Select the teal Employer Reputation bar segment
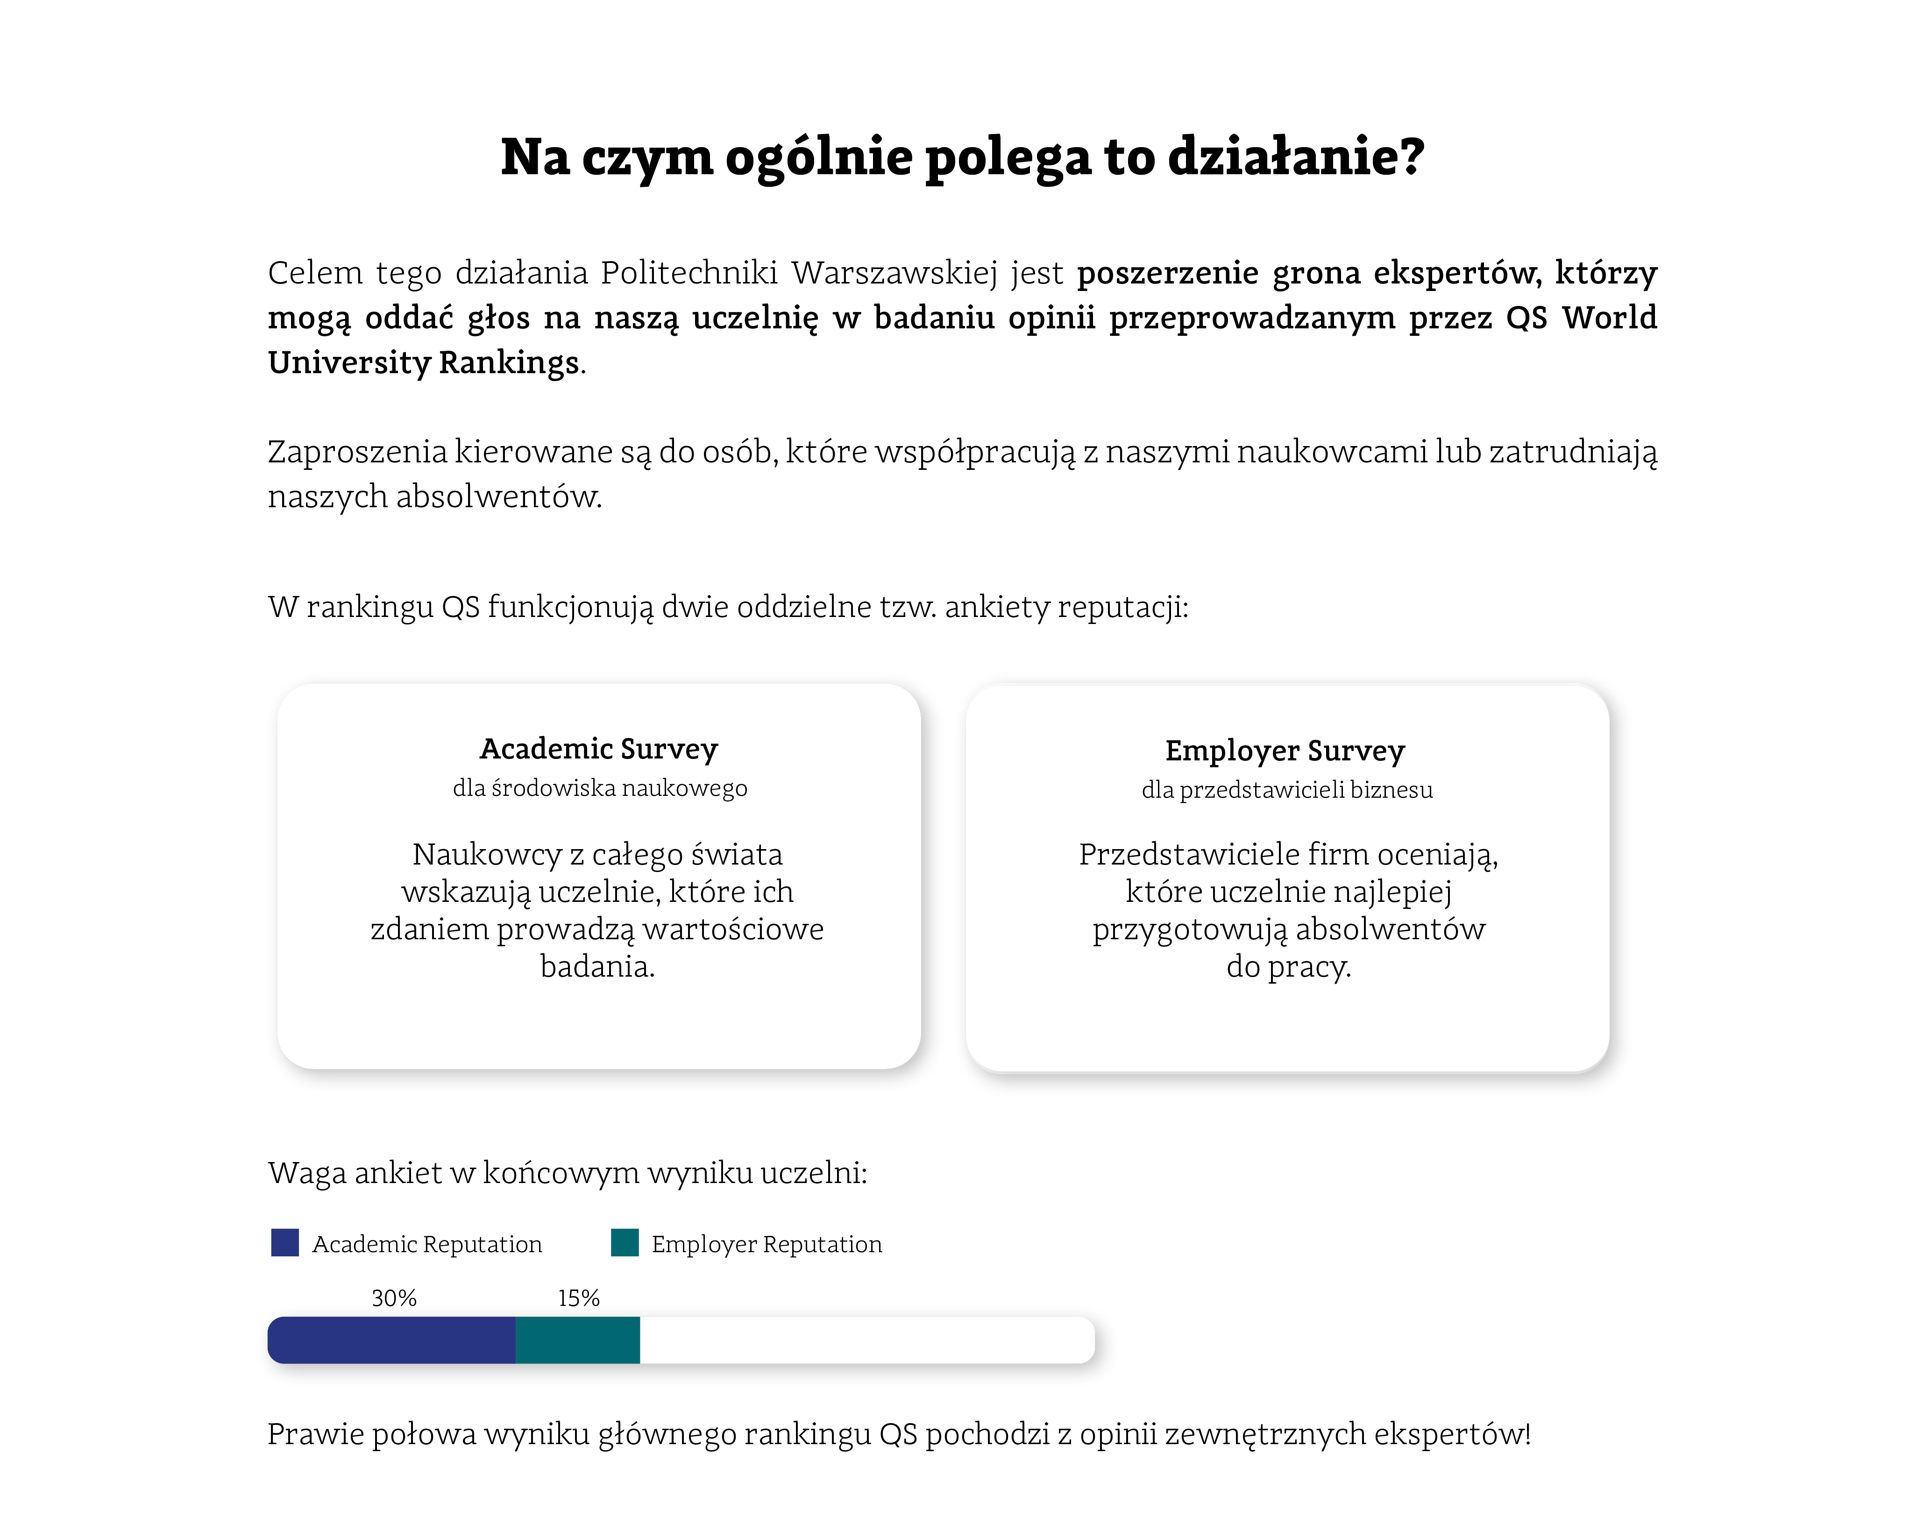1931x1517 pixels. (577, 1340)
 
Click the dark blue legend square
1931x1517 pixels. (285, 1242)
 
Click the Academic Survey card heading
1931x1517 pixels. (599, 749)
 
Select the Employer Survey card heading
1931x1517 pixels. (1285, 751)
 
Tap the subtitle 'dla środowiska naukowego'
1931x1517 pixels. (600, 788)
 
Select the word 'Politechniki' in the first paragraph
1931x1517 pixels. (689, 273)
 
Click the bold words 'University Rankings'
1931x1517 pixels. (424, 362)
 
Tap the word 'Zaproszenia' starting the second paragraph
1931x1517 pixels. (357, 452)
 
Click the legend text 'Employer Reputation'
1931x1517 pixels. (767, 1244)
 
